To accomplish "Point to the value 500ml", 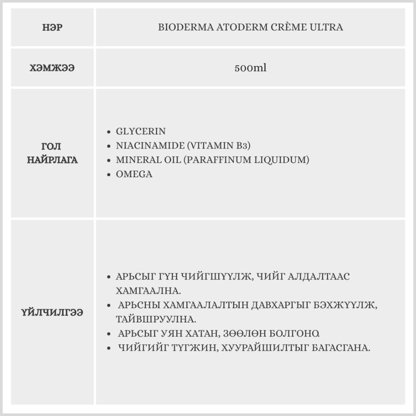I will [x=250, y=68].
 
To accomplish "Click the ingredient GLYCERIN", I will [x=141, y=131].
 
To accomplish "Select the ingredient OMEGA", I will [x=134, y=174].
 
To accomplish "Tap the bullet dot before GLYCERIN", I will [x=109, y=132].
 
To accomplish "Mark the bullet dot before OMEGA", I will [x=109, y=175].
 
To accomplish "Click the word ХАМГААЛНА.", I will [x=148, y=290].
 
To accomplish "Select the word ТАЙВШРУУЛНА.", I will [x=156, y=319].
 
